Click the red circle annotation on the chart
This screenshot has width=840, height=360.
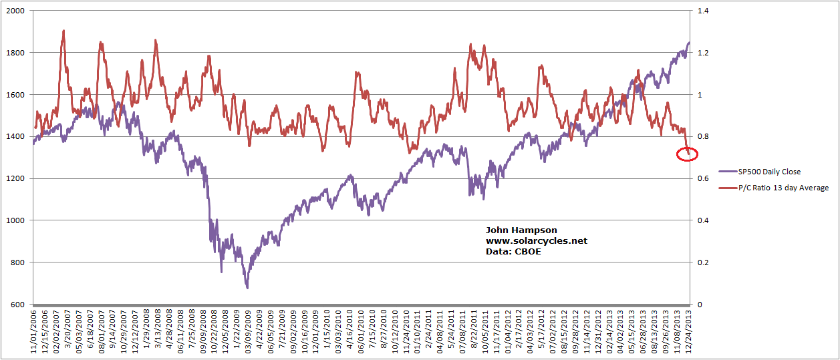pyautogui.click(x=687, y=155)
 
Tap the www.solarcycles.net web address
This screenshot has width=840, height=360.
pyautogui.click(x=537, y=240)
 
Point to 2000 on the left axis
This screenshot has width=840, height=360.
pyautogui.click(x=15, y=11)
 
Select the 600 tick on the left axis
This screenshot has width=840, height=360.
pyautogui.click(x=17, y=305)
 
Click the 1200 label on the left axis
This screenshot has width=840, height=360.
pyautogui.click(x=15, y=178)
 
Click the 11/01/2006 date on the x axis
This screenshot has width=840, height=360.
pyautogui.click(x=33, y=329)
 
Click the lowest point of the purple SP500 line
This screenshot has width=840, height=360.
pyautogui.click(x=247, y=288)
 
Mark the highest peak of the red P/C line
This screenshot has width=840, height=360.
pyautogui.click(x=63, y=31)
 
